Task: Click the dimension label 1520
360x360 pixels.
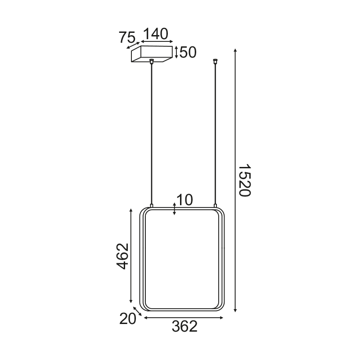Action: click(x=244, y=180)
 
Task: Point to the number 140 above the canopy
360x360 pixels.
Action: click(x=155, y=34)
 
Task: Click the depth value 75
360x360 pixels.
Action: click(x=127, y=38)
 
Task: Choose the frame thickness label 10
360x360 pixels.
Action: click(x=184, y=200)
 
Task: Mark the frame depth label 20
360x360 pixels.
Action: click(x=128, y=319)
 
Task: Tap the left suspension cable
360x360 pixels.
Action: click(x=152, y=135)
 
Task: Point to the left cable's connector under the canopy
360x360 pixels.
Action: click(x=152, y=61)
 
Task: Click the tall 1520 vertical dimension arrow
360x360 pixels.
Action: click(x=235, y=180)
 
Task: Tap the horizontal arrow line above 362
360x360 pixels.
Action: click(x=183, y=318)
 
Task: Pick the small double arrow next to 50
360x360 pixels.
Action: click(x=176, y=52)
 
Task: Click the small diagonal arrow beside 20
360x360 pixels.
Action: click(x=138, y=312)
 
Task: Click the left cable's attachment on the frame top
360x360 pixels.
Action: click(x=152, y=206)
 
